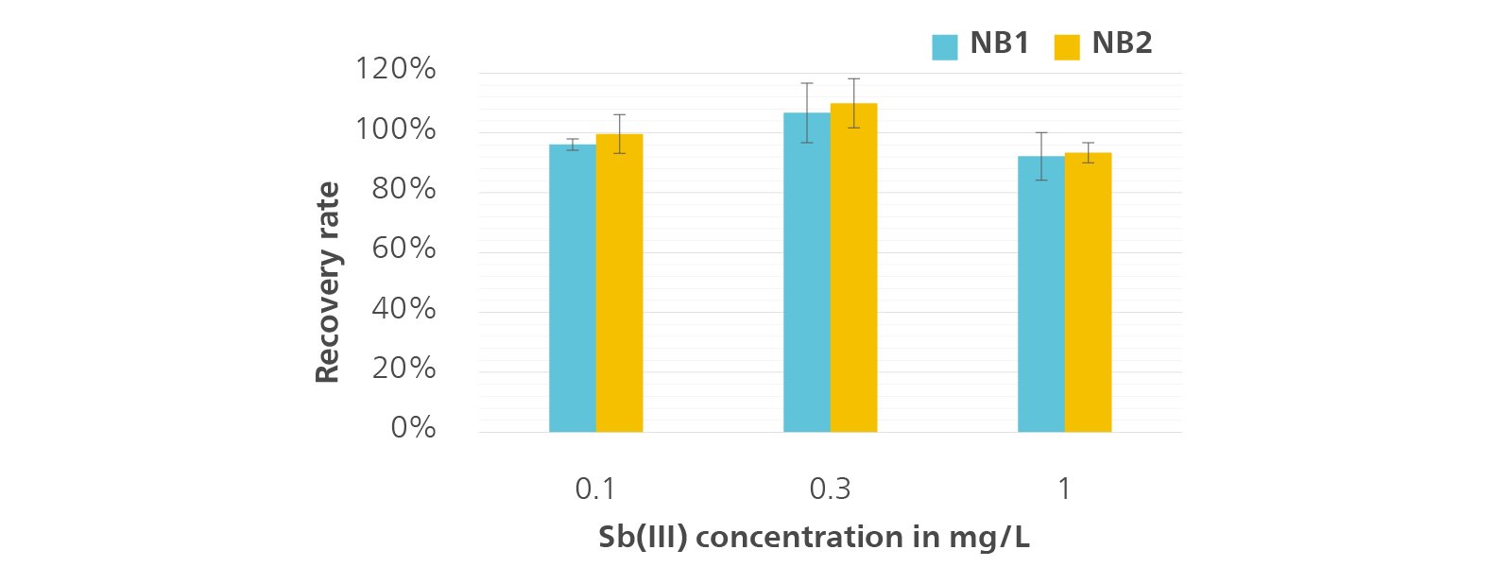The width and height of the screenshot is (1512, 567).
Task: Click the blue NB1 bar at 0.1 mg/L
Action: coord(573,288)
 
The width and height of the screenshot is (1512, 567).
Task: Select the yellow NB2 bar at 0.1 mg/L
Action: coord(619,283)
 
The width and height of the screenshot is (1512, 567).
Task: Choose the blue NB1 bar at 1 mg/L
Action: coord(1041,294)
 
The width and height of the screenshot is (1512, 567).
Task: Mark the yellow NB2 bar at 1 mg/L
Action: coord(1088,293)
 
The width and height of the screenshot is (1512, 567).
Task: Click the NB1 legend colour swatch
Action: coord(945,46)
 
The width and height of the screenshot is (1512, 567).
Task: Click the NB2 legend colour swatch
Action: coord(1067,46)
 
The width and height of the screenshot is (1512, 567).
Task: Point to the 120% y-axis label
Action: coord(395,69)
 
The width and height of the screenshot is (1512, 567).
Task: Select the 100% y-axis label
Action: coord(395,129)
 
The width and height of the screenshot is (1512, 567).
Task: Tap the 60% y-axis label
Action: coord(404,249)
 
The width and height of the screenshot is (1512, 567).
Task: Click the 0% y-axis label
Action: coord(413,428)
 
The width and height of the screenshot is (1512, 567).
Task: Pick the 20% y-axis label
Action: coord(404,369)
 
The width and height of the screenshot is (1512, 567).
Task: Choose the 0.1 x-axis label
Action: coord(595,489)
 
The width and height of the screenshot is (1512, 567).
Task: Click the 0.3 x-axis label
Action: coord(830,489)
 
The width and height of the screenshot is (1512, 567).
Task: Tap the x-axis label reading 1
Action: coord(1064,489)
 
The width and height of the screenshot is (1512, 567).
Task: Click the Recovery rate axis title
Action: coord(327,283)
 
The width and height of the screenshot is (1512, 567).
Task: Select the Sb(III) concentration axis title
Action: coord(814,538)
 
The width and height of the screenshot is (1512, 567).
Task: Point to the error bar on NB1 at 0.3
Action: coord(807,112)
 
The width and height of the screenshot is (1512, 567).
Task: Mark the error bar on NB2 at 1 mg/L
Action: coord(1089,153)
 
